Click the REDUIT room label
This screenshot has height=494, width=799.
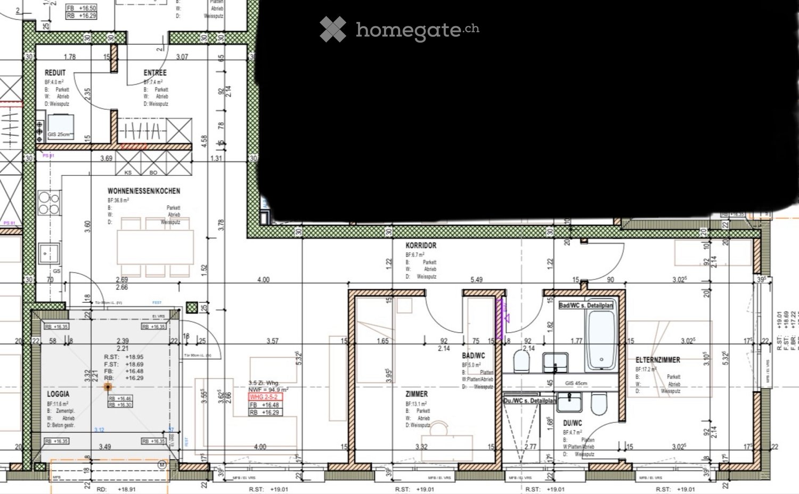point(55,72)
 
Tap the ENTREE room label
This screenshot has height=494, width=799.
point(155,72)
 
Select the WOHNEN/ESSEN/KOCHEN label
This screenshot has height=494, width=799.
point(144,191)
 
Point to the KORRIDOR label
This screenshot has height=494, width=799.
point(421,246)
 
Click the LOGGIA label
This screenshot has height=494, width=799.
point(58,394)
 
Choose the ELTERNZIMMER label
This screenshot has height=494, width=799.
point(657,360)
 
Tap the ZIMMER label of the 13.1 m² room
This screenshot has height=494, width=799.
point(417,394)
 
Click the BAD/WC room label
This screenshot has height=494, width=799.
point(474,355)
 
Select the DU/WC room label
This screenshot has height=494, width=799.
point(573,423)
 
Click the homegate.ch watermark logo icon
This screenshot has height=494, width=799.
point(333,29)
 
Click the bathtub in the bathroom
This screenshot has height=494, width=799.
point(601,341)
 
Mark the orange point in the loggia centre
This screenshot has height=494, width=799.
point(108,387)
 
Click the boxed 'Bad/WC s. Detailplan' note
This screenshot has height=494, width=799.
point(585,305)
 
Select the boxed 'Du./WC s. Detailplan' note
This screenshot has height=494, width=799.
point(529,400)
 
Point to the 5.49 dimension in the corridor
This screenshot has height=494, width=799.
point(476,280)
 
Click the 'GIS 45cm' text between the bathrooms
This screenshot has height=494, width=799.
point(576,383)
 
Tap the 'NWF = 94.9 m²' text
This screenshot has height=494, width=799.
point(268,390)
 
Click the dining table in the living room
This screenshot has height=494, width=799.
point(155,246)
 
